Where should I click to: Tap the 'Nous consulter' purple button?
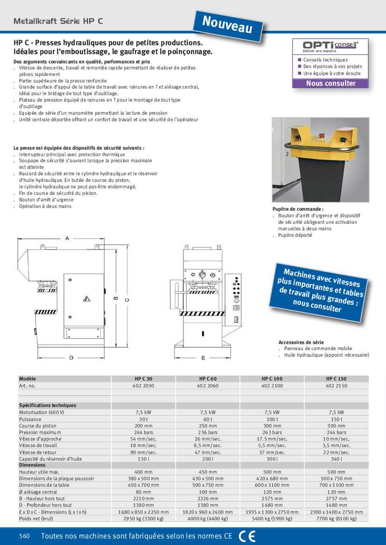[330, 83]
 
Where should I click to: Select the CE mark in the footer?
[247, 536]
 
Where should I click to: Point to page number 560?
[25, 536]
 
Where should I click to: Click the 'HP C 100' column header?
[272, 379]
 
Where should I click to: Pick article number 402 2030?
[143, 386]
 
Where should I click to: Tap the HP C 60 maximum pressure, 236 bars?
[208, 432]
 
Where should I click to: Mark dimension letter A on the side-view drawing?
[67, 238]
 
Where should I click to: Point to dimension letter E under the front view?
[203, 358]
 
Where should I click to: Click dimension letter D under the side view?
[71, 358]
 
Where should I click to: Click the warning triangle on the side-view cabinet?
[86, 298]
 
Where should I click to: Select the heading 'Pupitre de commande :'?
[298, 209]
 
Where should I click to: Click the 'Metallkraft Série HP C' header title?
[58, 21]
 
